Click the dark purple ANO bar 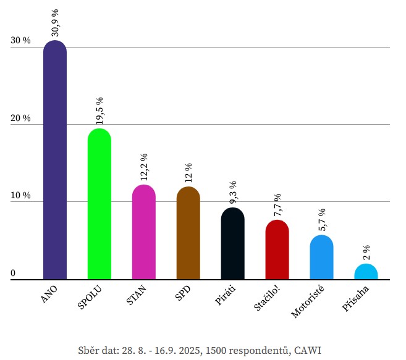55,161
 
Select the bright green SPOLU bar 99,204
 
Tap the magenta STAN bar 144,232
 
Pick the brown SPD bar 188,233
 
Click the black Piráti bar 233,243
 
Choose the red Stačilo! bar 277,249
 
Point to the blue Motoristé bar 321,257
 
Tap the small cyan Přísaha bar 366,272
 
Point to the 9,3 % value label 233,193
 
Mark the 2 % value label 366,252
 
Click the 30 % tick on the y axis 20,41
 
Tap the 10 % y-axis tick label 20,196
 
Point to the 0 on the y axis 13,273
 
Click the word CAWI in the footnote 308,350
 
